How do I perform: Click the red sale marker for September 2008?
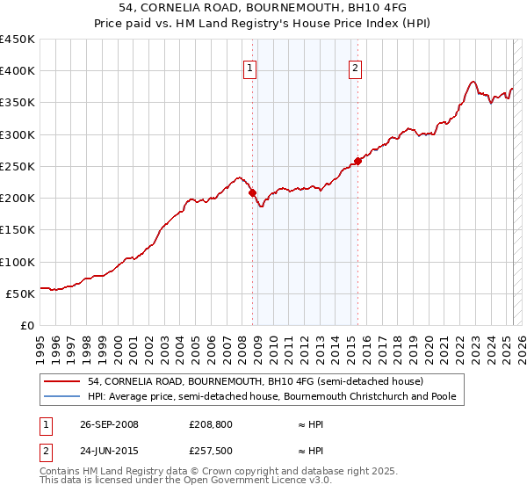(253, 192)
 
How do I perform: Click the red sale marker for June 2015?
(358, 161)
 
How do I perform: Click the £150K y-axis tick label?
(18, 230)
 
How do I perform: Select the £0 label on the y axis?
(26, 326)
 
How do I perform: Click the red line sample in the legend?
(61, 382)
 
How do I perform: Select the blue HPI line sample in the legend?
(61, 397)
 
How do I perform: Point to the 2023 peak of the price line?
(473, 82)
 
